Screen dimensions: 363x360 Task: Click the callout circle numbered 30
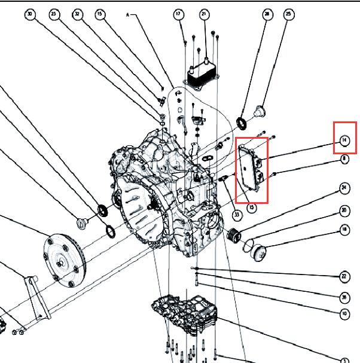(30, 14)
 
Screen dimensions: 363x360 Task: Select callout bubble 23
(55, 14)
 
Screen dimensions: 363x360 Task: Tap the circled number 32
(77, 14)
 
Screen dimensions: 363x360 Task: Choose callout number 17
(178, 14)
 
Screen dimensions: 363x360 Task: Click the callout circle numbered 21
(203, 14)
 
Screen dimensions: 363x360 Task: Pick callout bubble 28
(267, 14)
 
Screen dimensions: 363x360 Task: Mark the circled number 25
(289, 14)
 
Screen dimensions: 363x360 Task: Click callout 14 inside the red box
(344, 141)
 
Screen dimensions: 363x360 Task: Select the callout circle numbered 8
(344, 159)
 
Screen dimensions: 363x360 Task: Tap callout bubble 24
(344, 188)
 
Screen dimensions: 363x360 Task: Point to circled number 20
(344, 211)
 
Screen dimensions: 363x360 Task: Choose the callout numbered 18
(344, 229)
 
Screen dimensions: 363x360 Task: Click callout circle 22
(344, 277)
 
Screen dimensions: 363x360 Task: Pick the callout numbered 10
(344, 313)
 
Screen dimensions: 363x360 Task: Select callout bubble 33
(237, 215)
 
